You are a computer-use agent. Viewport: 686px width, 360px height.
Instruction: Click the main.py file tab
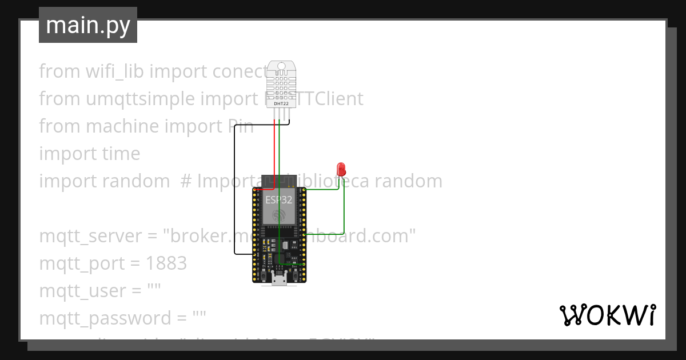point(87,25)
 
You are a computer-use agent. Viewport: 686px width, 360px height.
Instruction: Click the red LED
point(342,169)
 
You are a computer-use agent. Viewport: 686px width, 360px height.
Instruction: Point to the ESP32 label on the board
point(278,199)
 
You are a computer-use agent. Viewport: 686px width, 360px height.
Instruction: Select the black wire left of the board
point(234,194)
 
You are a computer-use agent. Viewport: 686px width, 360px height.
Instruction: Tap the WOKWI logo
point(607,315)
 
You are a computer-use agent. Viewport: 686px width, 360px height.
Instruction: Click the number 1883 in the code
point(166,263)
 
